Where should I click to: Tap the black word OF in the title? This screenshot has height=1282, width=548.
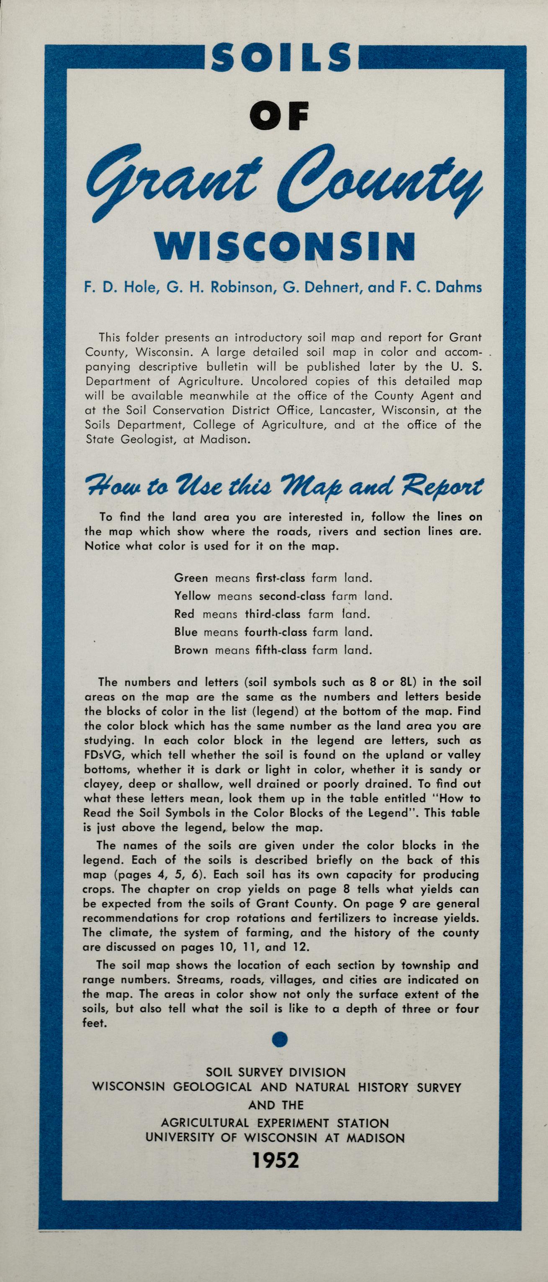(x=279, y=116)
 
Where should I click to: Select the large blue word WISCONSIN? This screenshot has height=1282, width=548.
(x=284, y=246)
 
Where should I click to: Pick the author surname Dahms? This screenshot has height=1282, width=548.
(x=458, y=287)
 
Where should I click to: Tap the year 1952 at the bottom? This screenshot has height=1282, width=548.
(x=275, y=1160)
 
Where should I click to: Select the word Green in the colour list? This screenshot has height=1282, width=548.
(x=191, y=578)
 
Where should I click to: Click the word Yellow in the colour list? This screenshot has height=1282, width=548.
(x=193, y=596)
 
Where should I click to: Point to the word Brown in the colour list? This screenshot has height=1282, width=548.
(x=191, y=650)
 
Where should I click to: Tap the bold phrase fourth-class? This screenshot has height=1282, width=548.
(x=275, y=632)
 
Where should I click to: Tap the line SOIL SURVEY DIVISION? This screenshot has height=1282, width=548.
(x=275, y=1072)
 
